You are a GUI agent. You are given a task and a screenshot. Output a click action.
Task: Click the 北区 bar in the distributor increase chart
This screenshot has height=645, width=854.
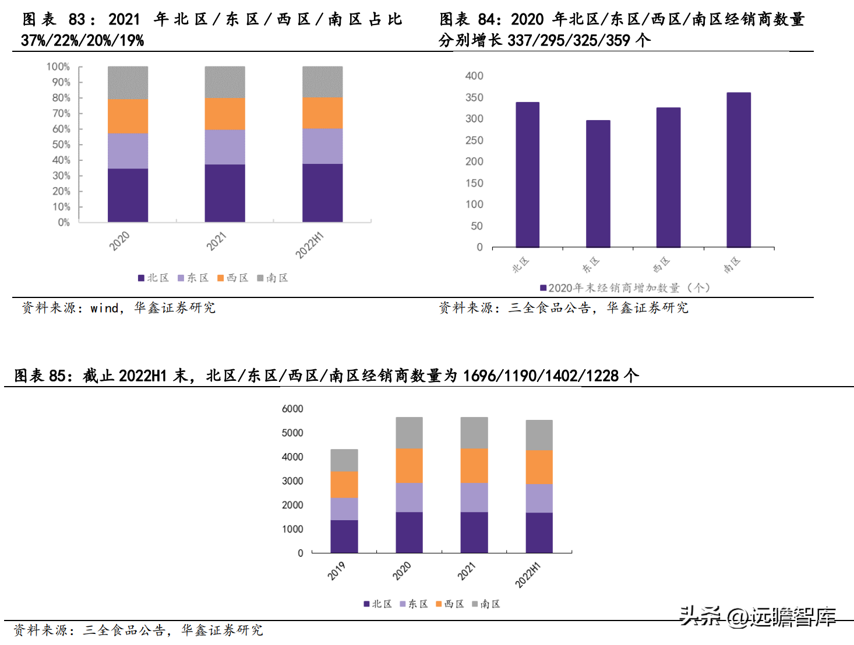tap(527, 175)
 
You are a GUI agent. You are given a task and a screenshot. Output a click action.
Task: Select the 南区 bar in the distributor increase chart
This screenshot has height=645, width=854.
tap(739, 170)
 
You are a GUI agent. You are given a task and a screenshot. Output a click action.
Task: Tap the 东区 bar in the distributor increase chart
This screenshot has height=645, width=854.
tap(598, 184)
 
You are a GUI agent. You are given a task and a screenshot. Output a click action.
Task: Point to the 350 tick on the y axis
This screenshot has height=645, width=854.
tap(474, 97)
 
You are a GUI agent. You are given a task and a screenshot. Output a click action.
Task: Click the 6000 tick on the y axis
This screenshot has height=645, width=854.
tap(292, 409)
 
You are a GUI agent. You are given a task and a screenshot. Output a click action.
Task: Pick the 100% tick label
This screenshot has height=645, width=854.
tap(58, 67)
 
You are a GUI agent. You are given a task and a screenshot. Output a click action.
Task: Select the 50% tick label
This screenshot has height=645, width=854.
tap(61, 145)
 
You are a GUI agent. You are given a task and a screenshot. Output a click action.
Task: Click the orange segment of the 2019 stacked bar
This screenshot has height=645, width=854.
tap(344, 485)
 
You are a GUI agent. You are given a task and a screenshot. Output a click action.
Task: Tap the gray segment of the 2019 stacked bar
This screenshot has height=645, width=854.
tap(344, 460)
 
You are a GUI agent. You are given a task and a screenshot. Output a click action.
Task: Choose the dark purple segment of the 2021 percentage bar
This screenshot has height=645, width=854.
tap(225, 193)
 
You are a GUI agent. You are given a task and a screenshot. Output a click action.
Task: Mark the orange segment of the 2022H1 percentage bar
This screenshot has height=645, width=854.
tap(322, 113)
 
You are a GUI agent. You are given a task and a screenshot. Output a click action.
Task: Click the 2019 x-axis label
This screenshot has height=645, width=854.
tap(336, 571)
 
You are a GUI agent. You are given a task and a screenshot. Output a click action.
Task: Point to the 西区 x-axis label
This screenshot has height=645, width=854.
tap(661, 265)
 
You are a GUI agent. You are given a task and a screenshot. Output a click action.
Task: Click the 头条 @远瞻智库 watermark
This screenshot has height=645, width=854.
tap(757, 616)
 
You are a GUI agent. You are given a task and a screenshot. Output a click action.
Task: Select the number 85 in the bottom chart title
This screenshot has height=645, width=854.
tap(57, 376)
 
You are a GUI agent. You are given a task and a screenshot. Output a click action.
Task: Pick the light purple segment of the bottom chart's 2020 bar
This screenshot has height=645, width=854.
tap(409, 497)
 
